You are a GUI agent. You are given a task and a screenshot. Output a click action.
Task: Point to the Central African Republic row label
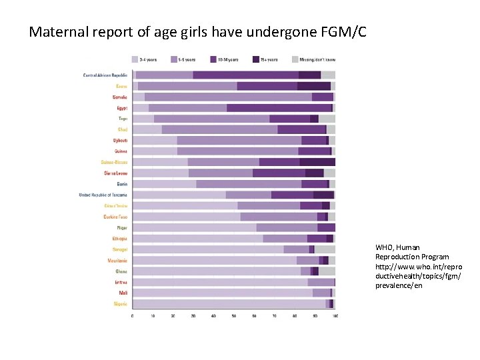tap(105, 75)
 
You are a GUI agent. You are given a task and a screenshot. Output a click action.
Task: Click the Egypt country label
tap(122, 107)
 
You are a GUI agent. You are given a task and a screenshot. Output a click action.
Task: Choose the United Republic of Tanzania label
tap(103, 195)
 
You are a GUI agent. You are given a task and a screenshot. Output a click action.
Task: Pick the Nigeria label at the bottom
tap(120, 304)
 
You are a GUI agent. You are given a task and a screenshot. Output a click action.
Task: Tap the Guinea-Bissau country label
tap(114, 162)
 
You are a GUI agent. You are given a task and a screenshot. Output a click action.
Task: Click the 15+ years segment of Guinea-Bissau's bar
tap(317, 162)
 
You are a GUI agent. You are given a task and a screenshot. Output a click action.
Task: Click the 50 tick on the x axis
tap(233, 315)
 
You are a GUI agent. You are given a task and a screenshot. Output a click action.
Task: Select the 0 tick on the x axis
tap(132, 315)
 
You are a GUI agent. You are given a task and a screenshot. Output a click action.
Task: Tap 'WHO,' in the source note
tap(386, 247)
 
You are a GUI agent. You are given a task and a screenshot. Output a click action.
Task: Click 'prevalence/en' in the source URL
tap(399, 285)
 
